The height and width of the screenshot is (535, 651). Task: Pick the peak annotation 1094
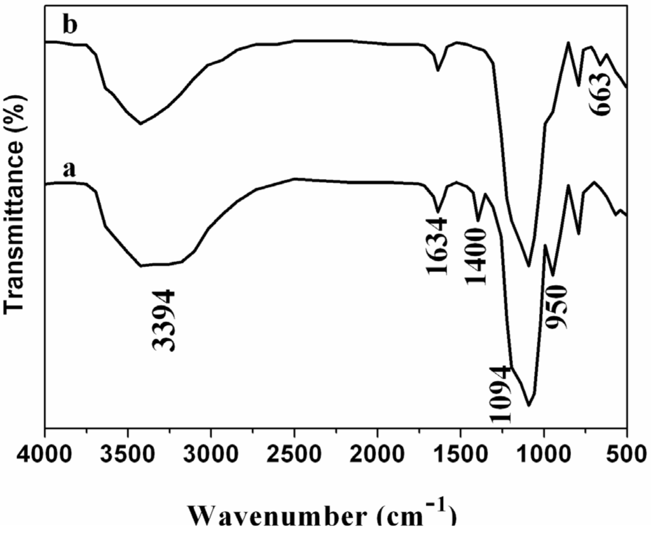[x=500, y=394]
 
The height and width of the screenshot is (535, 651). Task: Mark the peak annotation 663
[x=601, y=93]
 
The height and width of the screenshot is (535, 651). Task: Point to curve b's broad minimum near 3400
[x=140, y=123]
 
